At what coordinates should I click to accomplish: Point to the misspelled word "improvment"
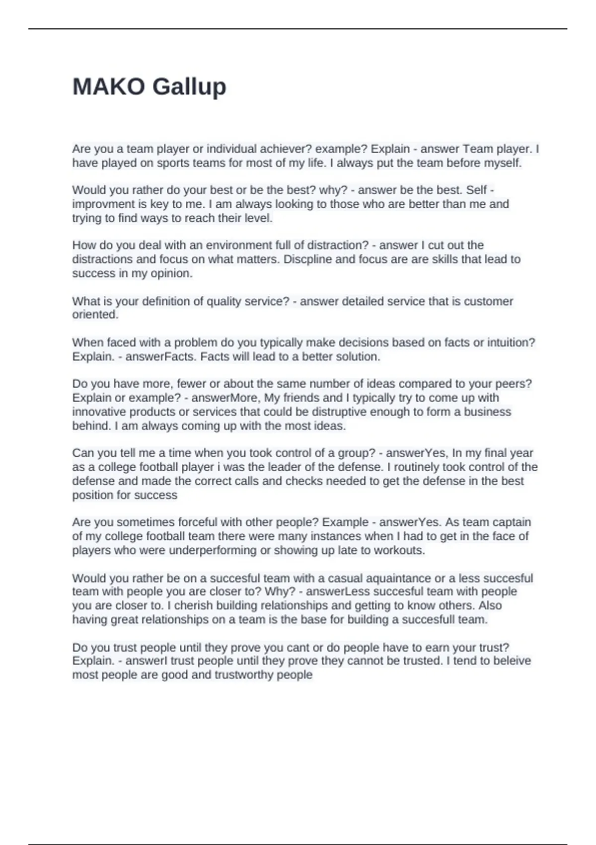click(x=102, y=204)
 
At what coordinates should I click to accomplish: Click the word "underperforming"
click(x=213, y=550)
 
